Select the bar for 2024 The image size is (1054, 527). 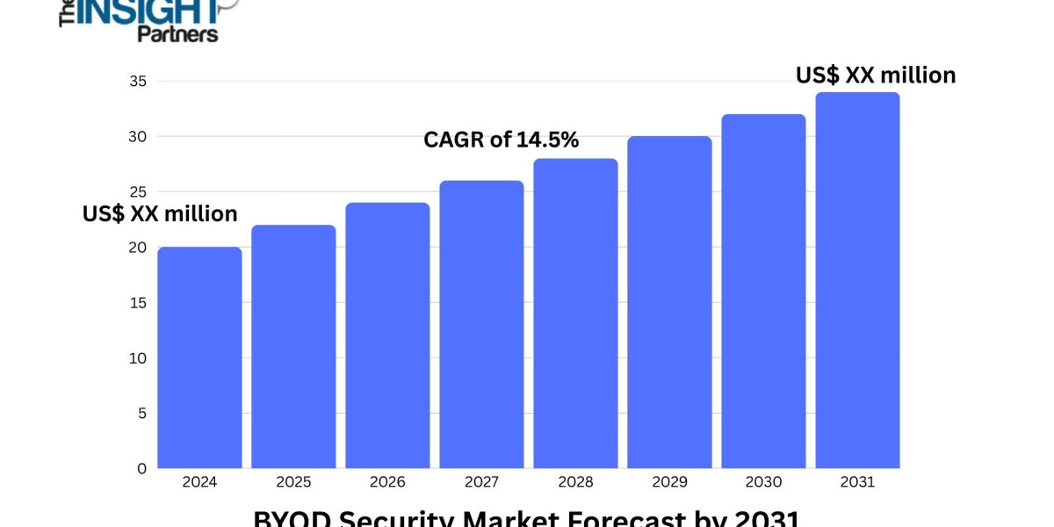199,357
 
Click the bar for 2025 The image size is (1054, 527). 293,347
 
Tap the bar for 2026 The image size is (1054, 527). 387,336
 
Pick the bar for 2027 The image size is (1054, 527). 481,325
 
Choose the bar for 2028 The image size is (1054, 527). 575,314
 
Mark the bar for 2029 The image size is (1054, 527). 669,302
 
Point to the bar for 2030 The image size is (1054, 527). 763,292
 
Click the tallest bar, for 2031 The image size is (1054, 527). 857,280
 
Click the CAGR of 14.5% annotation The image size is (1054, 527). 501,140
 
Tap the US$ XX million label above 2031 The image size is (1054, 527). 876,76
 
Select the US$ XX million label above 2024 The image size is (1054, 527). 160,213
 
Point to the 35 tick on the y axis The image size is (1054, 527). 137,82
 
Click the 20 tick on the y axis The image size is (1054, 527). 137,248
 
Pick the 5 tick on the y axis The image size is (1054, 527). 141,414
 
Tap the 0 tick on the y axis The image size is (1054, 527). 141,469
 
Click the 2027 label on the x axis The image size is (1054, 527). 481,482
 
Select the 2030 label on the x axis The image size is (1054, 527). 763,482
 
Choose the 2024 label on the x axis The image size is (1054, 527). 199,482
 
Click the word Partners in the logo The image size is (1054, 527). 177,33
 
